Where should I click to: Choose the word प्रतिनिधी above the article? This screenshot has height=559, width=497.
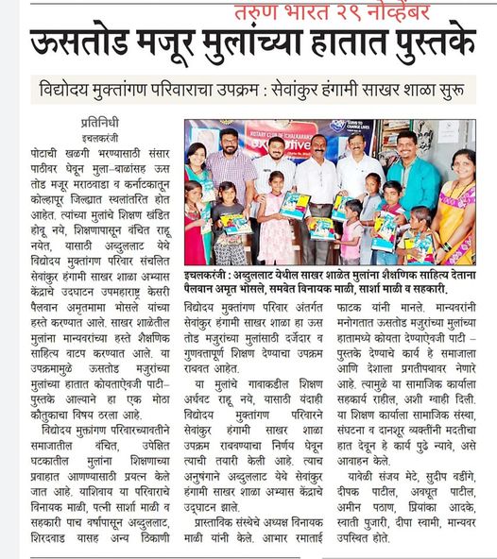click(106, 122)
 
